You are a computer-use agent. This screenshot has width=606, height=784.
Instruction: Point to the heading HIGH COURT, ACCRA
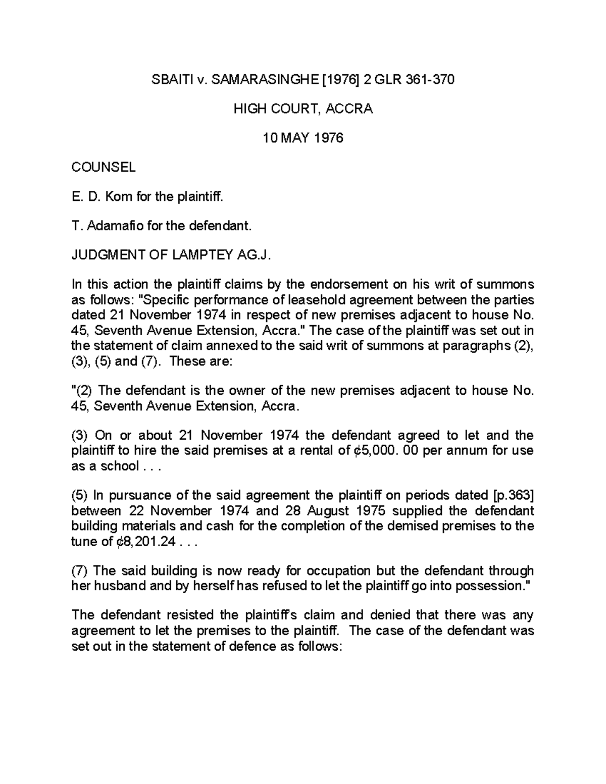click(303, 109)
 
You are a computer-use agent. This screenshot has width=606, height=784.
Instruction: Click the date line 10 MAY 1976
click(303, 138)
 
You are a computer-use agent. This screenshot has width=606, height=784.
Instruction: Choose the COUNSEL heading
click(104, 167)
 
